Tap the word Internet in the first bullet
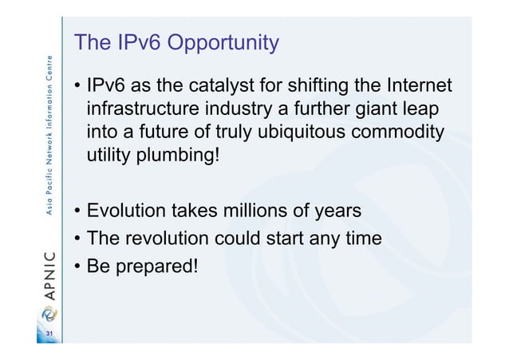point(417,85)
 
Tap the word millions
point(272,212)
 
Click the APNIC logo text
point(49,275)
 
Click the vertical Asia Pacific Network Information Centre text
point(49,136)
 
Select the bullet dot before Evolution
point(78,212)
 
